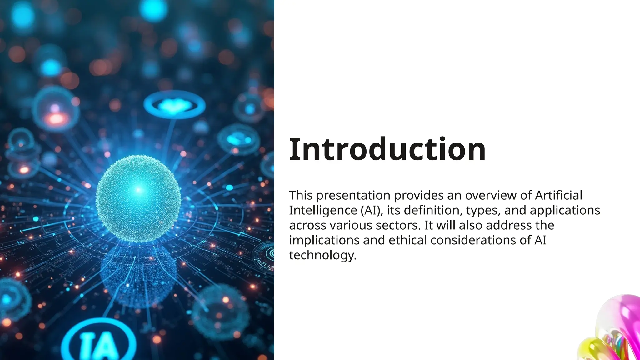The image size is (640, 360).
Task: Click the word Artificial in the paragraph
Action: pos(559,195)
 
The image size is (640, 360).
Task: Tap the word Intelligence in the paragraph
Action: pos(323,210)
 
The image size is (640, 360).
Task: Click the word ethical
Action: pos(407,240)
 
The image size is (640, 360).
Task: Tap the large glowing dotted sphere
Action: pos(138,198)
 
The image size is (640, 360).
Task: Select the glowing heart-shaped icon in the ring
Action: pos(174,105)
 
